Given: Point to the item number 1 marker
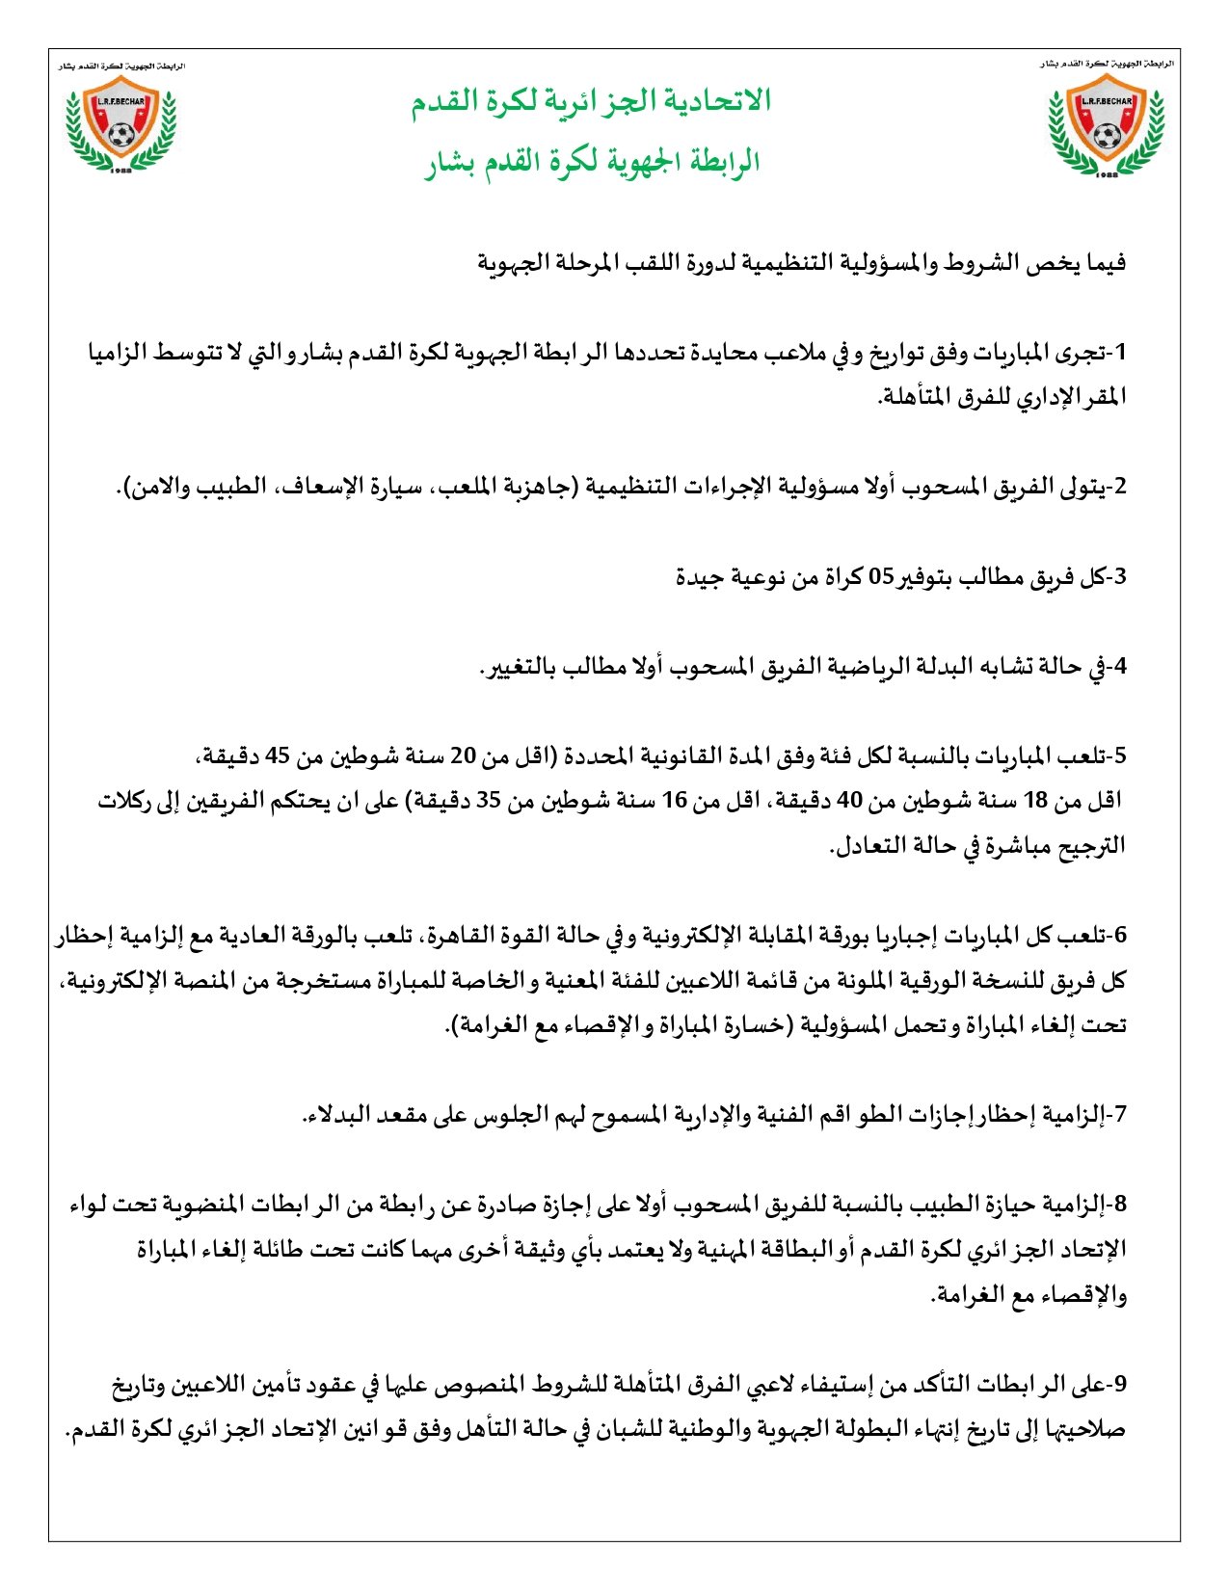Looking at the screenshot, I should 1119,354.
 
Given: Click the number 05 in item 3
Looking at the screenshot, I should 883,577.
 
